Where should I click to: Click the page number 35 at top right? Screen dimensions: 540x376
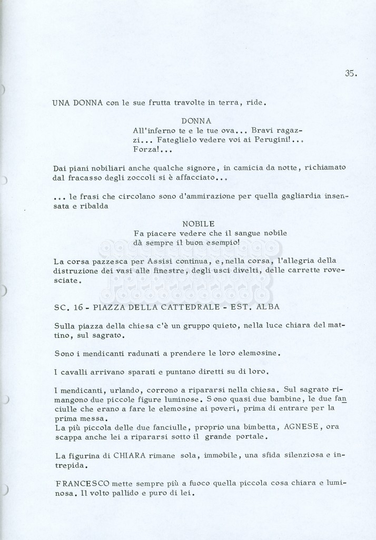(x=351, y=74)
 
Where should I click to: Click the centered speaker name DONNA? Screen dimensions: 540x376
(x=196, y=121)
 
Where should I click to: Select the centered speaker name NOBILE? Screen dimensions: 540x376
(x=199, y=224)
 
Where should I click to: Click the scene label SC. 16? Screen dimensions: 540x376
(x=69, y=307)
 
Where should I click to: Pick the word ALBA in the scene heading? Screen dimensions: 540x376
(x=267, y=307)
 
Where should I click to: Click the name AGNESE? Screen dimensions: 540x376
(x=301, y=427)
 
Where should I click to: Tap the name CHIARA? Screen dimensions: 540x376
(x=130, y=455)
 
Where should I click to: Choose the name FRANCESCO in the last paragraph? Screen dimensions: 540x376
(x=82, y=483)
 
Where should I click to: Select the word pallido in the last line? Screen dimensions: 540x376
(x=119, y=494)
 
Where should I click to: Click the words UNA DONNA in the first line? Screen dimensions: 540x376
(x=77, y=103)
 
